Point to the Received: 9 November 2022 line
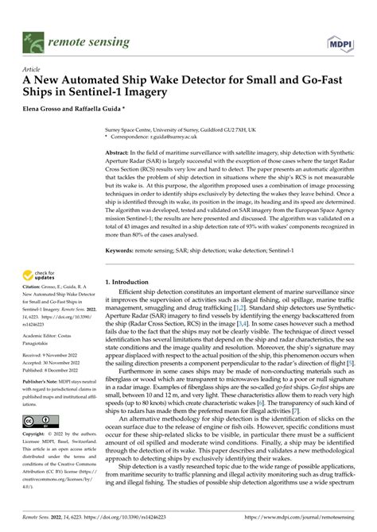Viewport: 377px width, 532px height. pos(50,357)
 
